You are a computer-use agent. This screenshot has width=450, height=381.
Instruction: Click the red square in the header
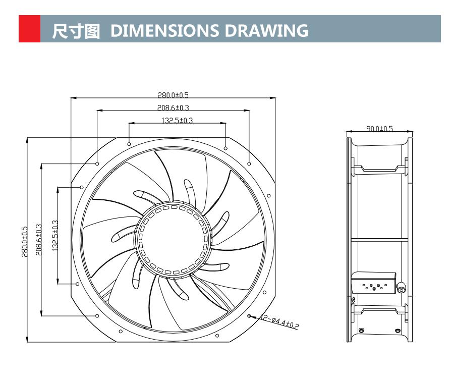coord(29,29)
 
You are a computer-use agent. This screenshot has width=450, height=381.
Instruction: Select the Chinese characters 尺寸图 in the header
coord(76,30)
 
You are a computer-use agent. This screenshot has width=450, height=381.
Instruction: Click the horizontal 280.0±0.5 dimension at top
coord(173,94)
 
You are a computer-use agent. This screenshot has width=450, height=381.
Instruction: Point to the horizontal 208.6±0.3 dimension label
coord(173,107)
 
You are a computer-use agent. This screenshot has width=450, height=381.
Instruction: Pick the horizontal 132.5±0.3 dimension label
coord(177,120)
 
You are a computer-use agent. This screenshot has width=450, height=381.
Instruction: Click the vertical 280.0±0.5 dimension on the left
coord(24,241)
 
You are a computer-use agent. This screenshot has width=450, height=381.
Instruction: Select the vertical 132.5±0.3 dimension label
coord(55,236)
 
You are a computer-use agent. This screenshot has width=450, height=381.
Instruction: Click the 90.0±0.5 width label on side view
coord(379,129)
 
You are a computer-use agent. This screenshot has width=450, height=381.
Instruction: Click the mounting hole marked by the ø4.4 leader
coord(250,316)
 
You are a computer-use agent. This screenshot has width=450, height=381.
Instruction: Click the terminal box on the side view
coord(373,285)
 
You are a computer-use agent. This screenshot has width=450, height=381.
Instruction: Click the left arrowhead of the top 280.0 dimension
coord(72,98)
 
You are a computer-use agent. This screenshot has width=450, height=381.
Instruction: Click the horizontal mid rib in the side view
coord(379,240)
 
